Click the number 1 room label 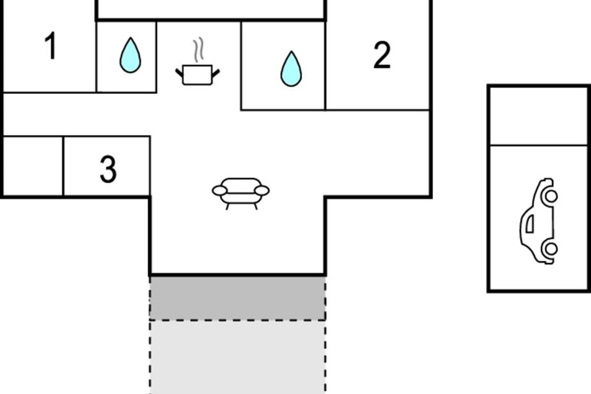[51, 45]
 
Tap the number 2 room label [382, 55]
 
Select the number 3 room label [108, 169]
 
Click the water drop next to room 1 [131, 55]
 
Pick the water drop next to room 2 [291, 68]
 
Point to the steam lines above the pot [198, 50]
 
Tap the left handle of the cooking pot [179, 72]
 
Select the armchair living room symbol [241, 194]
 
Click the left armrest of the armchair [220, 191]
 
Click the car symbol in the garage [539, 221]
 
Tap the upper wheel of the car [551, 196]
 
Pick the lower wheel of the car [551, 249]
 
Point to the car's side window [530, 224]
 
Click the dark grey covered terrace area [237, 298]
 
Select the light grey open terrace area [237, 358]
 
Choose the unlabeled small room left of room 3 [33, 166]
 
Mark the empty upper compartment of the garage [538, 116]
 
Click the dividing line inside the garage [538, 145]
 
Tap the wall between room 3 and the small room [64, 166]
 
